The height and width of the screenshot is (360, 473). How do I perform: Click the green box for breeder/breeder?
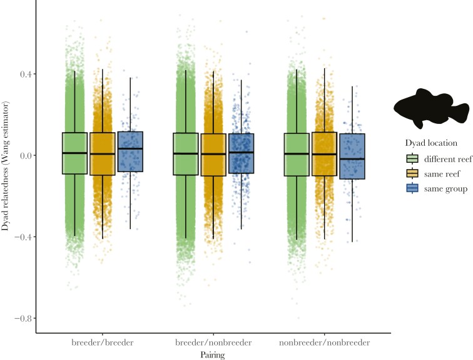click(x=74, y=153)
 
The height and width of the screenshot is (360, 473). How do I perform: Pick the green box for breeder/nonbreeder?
click(x=186, y=153)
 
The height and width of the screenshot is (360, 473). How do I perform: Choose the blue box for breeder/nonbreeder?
click(x=241, y=153)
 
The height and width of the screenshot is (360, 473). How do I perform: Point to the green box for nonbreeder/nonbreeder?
click(x=297, y=154)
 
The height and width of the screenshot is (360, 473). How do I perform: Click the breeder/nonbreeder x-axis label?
click(x=213, y=342)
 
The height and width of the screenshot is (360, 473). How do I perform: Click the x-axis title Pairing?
click(x=213, y=354)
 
